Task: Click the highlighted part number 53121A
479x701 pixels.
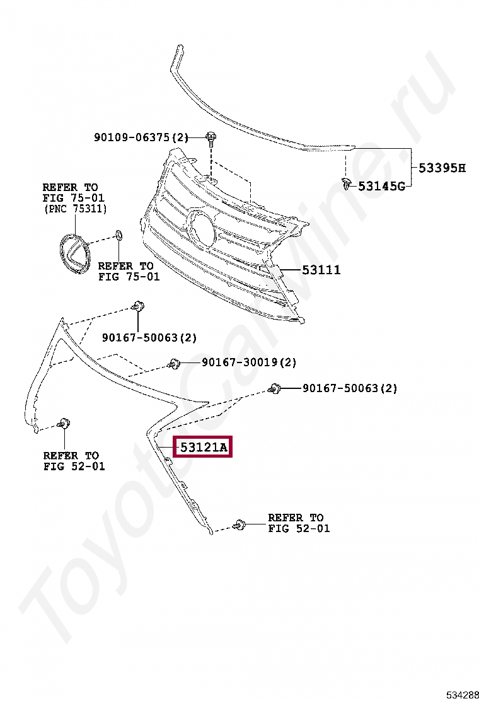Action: pyautogui.click(x=202, y=448)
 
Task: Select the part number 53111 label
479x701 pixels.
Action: pyautogui.click(x=321, y=270)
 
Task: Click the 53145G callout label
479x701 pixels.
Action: pyautogui.click(x=381, y=186)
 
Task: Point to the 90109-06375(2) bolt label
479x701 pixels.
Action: pyautogui.click(x=141, y=137)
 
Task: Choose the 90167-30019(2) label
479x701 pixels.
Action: pyautogui.click(x=249, y=362)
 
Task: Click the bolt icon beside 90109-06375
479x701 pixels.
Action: pyautogui.click(x=211, y=137)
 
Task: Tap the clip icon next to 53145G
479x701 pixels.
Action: pyautogui.click(x=346, y=183)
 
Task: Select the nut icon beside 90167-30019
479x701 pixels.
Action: pyautogui.click(x=174, y=364)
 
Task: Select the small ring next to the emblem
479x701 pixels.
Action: pyautogui.click(x=117, y=237)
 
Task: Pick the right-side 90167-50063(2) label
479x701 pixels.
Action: pyautogui.click(x=350, y=388)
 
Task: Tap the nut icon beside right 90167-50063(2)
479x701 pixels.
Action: pyautogui.click(x=274, y=389)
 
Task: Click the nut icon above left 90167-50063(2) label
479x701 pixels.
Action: pyautogui.click(x=137, y=307)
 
